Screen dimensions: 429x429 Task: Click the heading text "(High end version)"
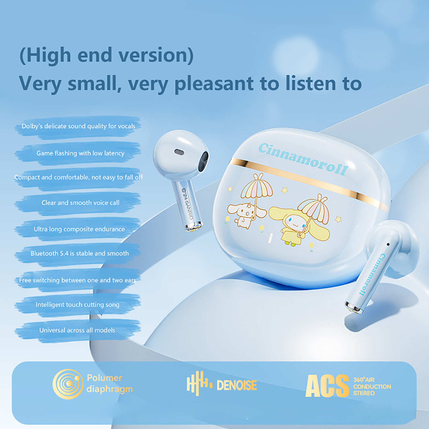(x=106, y=55)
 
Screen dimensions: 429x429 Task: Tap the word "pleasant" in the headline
(x=214, y=84)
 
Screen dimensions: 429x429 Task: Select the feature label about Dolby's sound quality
(x=78, y=126)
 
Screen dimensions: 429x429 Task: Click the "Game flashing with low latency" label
(x=80, y=153)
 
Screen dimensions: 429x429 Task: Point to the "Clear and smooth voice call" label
(x=80, y=203)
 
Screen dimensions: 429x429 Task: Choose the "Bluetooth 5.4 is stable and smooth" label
(x=80, y=253)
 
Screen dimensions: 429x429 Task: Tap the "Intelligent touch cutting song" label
(x=77, y=305)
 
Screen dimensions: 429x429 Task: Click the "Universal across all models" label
(x=77, y=330)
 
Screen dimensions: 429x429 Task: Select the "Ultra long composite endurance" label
(x=79, y=229)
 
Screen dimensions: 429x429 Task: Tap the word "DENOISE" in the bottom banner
(x=236, y=385)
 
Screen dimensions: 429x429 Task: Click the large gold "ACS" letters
(x=327, y=386)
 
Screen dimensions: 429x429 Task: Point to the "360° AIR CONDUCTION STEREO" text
(x=372, y=386)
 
